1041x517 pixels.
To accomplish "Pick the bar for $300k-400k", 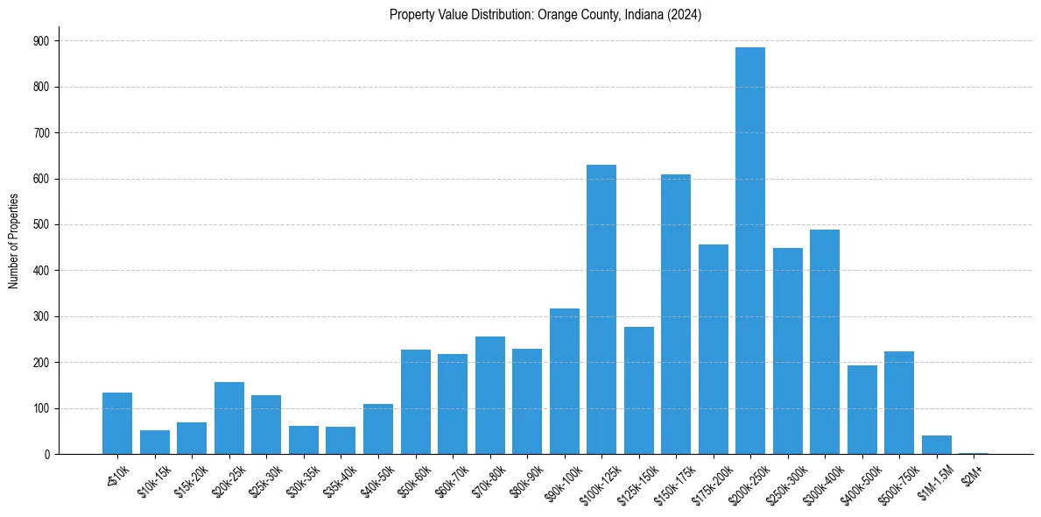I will [825, 342].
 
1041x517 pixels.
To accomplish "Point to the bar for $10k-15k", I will [155, 442].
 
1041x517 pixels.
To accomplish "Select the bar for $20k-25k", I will [229, 418].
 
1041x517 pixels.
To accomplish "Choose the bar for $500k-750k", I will [899, 403].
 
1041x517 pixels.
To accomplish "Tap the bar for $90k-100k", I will [565, 381].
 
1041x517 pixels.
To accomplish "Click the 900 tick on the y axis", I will [41, 41].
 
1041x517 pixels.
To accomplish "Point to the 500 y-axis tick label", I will [41, 225].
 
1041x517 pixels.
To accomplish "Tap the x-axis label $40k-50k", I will [376, 478].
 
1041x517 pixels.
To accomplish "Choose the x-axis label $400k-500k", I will [857, 481].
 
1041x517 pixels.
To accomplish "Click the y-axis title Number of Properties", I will [13, 241].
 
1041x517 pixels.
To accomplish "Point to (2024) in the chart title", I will [684, 15].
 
